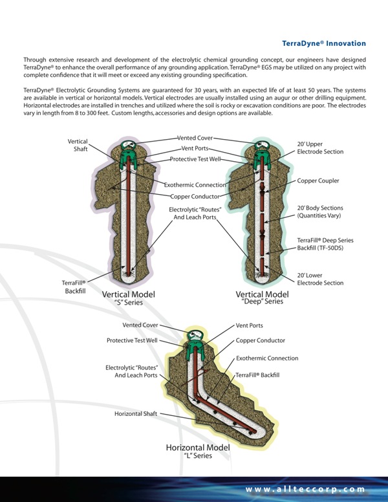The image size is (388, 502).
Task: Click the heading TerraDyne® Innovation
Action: pyautogui.click(x=324, y=43)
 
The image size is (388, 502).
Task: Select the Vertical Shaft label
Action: pyautogui.click(x=78, y=146)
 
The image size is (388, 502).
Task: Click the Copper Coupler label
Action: pyautogui.click(x=318, y=180)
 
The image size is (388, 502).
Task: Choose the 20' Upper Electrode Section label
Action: pyautogui.click(x=320, y=147)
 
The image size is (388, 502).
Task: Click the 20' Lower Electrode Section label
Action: pyautogui.click(x=320, y=279)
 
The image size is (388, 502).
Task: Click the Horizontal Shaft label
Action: pyautogui.click(x=136, y=413)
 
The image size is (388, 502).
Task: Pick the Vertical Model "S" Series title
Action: pyautogui.click(x=128, y=297)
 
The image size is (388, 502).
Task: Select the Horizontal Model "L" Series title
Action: pyautogui.click(x=198, y=451)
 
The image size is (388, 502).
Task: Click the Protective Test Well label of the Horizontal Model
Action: pyautogui.click(x=132, y=340)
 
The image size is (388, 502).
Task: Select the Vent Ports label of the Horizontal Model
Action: pyautogui.click(x=250, y=325)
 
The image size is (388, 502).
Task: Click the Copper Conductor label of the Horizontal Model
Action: pyautogui.click(x=261, y=340)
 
